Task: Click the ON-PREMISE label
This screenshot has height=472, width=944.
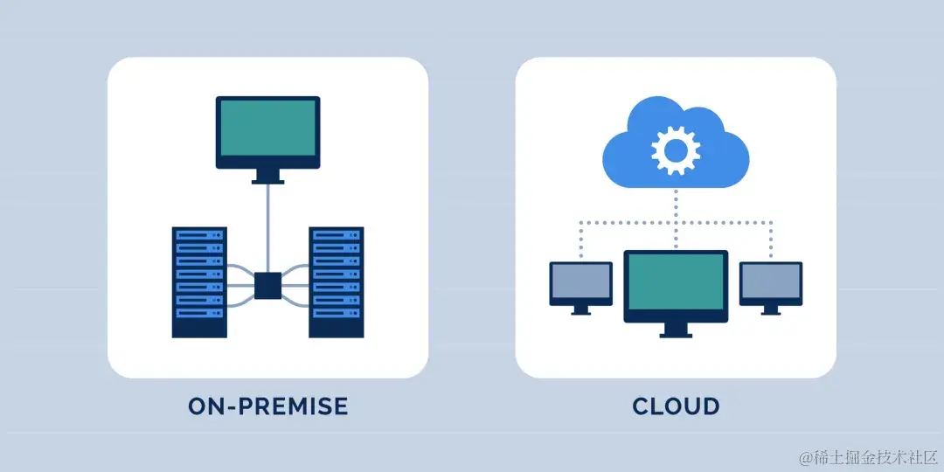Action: [267, 406]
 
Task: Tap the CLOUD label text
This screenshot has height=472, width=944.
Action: [676, 406]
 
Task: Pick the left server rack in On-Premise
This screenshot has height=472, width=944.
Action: [199, 281]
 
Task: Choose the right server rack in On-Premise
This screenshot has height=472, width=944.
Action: [336, 281]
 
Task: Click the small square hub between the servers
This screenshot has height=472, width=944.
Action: [267, 286]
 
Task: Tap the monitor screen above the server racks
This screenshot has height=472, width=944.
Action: [267, 128]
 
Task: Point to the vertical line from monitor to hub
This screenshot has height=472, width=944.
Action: [267, 227]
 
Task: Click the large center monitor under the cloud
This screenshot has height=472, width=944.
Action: [676, 282]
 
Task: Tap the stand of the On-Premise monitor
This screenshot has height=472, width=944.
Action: [267, 177]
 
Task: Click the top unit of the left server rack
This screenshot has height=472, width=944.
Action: [199, 235]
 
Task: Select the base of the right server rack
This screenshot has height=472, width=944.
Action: [336, 325]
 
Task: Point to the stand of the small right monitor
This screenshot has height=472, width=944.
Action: [771, 309]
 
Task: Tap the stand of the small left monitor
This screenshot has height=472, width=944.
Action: [580, 309]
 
